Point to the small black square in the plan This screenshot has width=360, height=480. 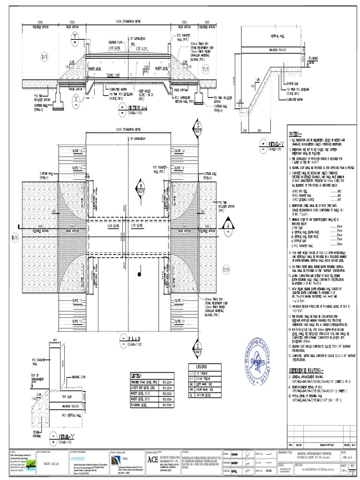(x=139, y=272)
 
